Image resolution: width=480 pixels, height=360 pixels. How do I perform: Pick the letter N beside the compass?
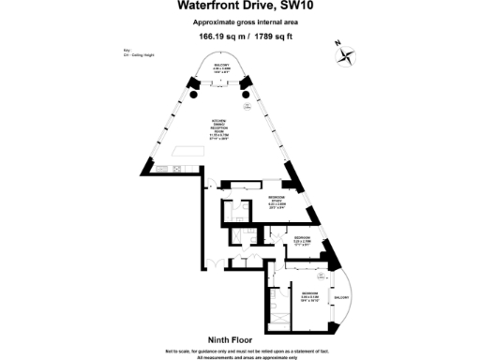(x=337, y=42)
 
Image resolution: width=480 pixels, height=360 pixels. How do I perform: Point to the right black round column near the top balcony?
(x=247, y=95)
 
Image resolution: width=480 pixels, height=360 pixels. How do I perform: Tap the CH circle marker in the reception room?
(x=246, y=106)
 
